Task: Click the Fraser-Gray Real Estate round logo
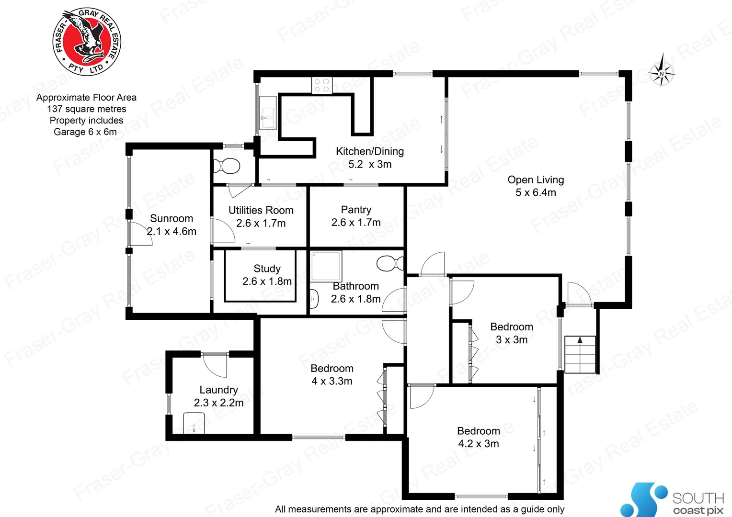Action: [87, 42]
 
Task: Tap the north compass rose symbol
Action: [662, 73]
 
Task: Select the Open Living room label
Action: [536, 180]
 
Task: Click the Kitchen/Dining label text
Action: [369, 152]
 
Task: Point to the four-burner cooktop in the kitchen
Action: [322, 85]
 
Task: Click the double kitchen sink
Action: [268, 112]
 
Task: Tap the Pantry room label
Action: [356, 210]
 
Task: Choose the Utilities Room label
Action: [261, 210]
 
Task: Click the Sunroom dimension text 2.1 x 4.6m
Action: [172, 232]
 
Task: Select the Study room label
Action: [267, 269]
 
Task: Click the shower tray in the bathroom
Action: [326, 266]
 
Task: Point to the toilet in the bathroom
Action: [390, 263]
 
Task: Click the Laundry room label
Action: [218, 390]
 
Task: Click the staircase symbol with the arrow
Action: [580, 354]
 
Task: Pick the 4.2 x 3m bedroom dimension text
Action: [478, 444]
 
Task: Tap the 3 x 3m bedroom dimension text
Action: [512, 340]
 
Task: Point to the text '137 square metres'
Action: [87, 109]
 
